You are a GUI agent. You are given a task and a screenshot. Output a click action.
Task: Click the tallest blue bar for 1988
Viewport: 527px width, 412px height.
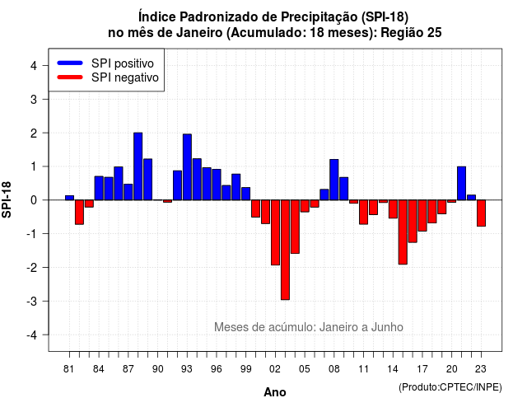pos(138,166)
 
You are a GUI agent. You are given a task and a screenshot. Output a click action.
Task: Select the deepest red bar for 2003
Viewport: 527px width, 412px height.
pos(285,250)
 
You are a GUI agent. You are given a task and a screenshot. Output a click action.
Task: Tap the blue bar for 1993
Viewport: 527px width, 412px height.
pos(187,166)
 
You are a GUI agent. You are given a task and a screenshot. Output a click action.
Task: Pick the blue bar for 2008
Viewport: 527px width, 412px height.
pos(333,180)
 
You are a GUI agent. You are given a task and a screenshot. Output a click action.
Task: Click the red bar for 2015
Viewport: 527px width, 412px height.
pos(403,232)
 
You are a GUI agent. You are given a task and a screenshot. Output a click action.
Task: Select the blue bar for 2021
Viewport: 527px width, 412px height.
pos(461,183)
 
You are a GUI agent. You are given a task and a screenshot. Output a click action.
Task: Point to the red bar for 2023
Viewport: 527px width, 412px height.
pos(481,213)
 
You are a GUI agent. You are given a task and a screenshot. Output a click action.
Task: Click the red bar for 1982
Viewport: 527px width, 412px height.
pos(79,212)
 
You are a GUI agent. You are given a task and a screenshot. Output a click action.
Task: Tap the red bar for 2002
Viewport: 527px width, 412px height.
pos(275,232)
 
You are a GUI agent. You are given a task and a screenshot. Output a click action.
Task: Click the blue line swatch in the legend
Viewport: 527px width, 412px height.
pos(70,63)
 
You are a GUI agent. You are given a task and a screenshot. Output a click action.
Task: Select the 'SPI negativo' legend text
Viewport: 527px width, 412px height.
pos(124,77)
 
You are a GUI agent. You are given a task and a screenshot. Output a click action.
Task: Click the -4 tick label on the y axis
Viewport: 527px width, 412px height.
pos(33,335)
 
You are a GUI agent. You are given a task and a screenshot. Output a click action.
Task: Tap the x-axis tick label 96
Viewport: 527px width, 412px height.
pos(216,369)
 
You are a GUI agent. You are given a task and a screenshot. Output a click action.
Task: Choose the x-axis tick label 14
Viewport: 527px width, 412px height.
pos(393,369)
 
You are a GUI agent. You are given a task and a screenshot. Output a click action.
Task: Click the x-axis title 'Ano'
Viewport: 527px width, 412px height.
pos(275,392)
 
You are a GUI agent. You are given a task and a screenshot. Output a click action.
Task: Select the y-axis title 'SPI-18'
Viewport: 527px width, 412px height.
pos(7,199)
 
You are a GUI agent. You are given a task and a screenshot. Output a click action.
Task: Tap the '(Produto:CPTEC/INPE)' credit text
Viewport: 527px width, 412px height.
pos(450,387)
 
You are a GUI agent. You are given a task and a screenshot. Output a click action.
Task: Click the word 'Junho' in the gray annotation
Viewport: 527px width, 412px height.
pos(387,327)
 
